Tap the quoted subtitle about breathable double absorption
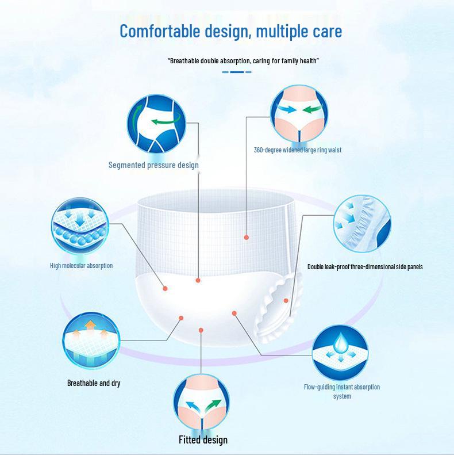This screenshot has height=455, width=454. pyautogui.click(x=243, y=60)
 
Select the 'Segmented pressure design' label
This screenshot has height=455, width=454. pyautogui.click(x=153, y=165)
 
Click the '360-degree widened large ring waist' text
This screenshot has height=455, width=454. pyautogui.click(x=297, y=150)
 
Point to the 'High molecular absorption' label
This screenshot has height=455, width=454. pyautogui.click(x=81, y=266)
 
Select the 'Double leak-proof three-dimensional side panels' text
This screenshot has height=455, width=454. pyautogui.click(x=365, y=267)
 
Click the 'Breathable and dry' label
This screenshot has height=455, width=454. pyautogui.click(x=94, y=383)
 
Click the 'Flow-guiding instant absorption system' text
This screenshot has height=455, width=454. pyautogui.click(x=341, y=391)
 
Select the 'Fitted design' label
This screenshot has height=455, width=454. pyautogui.click(x=202, y=440)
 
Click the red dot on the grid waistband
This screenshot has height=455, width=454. pyautogui.click(x=247, y=237)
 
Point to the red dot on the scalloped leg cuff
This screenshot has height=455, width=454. pyautogui.click(x=286, y=300)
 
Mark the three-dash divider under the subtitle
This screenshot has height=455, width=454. pyautogui.click(x=236, y=72)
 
